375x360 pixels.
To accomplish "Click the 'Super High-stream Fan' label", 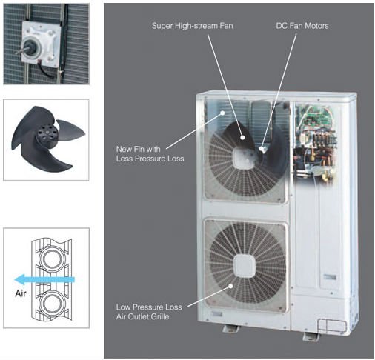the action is coord(192,26).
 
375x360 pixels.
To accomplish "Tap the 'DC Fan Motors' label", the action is coord(302,26).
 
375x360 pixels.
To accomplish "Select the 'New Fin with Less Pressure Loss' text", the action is coord(150,154).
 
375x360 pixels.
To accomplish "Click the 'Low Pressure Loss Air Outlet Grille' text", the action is coord(149,312).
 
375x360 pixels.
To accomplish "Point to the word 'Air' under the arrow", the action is coord(21,293).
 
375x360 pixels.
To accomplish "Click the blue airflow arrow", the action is coord(44,279).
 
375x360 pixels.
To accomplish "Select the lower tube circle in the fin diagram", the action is coord(52,303).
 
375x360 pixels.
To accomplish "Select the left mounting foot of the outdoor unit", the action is coord(230,328).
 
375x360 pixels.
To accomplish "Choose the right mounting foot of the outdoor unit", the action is coord(311,336).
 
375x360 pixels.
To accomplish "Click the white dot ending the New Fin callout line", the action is coord(222,113).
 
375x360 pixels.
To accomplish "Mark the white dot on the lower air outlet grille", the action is coord(230,286).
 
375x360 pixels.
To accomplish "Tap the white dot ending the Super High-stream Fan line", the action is coord(242,138).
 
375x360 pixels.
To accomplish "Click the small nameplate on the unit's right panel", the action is coord(330,277).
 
